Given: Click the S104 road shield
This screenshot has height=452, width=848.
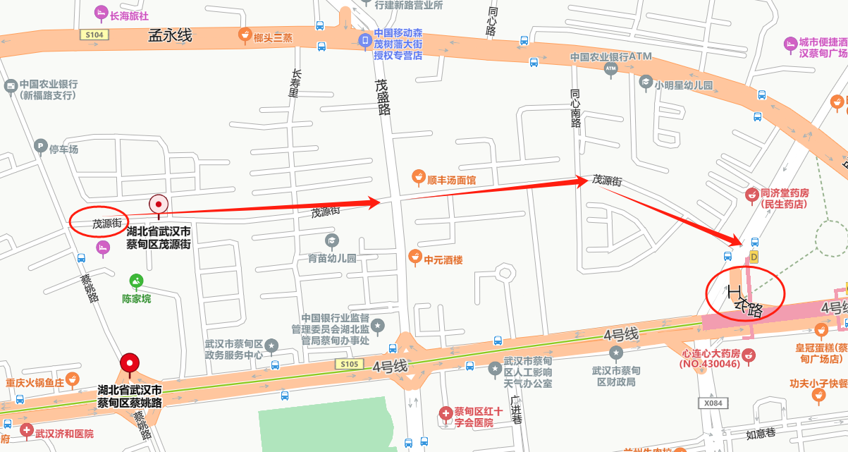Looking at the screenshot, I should click(94, 35).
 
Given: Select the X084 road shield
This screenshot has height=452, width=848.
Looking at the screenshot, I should click(714, 403).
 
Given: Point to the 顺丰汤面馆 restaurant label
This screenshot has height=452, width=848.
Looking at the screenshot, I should click(451, 180).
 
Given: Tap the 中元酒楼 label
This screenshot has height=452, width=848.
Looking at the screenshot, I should click(443, 259).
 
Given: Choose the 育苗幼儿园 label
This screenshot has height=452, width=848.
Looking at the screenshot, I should click(332, 258).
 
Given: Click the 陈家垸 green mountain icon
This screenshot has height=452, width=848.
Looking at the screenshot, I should click(137, 281).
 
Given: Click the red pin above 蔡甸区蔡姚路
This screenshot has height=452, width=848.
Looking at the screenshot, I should click(130, 364).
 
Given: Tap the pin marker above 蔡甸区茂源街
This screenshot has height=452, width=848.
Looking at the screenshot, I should click(159, 204).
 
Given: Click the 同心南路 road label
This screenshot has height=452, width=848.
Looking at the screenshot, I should click(575, 107).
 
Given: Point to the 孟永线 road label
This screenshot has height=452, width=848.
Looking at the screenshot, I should click(170, 35).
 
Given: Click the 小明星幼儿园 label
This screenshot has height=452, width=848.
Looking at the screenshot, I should click(684, 85).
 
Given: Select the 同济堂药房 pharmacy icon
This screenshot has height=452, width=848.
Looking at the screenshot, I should click(751, 193).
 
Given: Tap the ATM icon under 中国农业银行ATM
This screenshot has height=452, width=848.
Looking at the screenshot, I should click(610, 68).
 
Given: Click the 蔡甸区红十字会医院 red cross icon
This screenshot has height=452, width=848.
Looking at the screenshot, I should click(445, 413).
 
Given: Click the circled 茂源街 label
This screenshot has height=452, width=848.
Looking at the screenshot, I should click(99, 224).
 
